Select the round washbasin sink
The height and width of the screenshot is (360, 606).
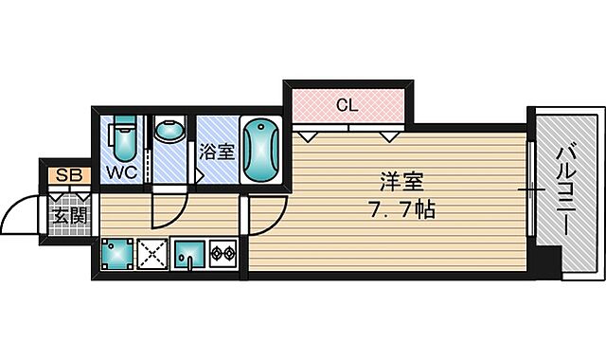pyautogui.click(x=170, y=131)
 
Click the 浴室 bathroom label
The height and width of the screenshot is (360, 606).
pyautogui.click(x=217, y=151)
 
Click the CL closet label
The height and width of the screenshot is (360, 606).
pyautogui.click(x=348, y=105)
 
